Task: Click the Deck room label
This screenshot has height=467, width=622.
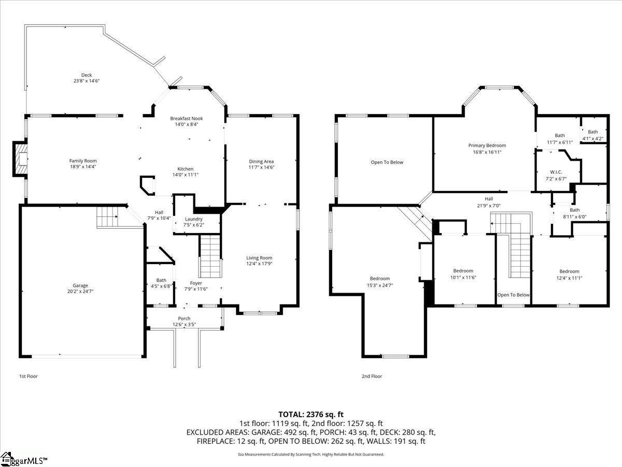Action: (x=87, y=75)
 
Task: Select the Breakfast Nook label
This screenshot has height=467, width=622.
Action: (x=187, y=118)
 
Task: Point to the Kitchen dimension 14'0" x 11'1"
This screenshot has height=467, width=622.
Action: (x=186, y=175)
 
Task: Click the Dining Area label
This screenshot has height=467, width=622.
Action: (x=261, y=161)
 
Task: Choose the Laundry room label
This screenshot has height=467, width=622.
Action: (x=193, y=219)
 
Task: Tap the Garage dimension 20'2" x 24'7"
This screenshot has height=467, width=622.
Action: (x=80, y=291)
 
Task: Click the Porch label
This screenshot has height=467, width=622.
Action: (x=184, y=319)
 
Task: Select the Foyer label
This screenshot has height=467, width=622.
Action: (x=196, y=283)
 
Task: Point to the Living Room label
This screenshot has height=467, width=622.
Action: (x=259, y=258)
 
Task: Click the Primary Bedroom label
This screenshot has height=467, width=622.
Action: (x=487, y=145)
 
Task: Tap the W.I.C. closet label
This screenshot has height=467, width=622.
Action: (x=556, y=172)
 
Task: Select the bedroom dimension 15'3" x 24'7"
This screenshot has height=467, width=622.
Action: (x=380, y=285)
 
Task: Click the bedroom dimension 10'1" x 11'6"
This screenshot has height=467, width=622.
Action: (x=463, y=277)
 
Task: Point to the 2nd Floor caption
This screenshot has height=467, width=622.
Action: (x=372, y=376)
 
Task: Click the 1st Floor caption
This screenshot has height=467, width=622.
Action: (x=29, y=376)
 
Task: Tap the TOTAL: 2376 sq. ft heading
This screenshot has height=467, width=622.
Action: (x=311, y=415)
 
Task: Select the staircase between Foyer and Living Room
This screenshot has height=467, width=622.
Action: (x=210, y=256)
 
